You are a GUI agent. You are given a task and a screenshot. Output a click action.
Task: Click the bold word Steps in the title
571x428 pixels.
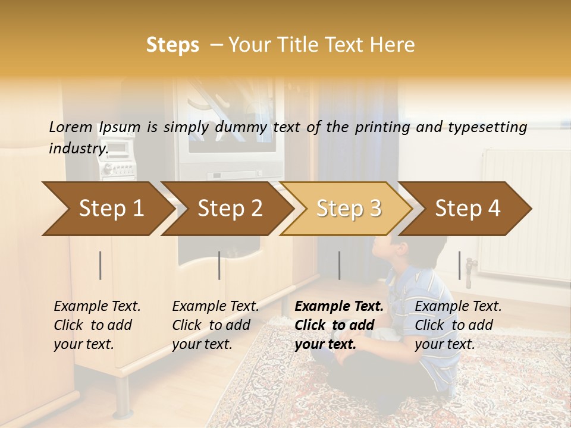click(172, 45)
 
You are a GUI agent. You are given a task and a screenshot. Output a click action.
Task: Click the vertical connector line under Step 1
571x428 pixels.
click(101, 265)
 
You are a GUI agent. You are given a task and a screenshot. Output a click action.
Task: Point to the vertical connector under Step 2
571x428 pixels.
click(219, 265)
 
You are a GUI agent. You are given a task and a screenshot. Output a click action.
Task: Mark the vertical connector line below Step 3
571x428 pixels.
click(339, 265)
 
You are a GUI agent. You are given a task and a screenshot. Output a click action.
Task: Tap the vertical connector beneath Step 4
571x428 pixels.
click(459, 265)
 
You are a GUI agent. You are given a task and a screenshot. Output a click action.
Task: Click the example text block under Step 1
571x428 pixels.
click(97, 325)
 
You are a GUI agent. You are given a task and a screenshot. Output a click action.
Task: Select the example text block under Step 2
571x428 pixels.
click(215, 325)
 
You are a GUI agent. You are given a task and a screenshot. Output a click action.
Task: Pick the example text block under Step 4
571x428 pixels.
click(458, 325)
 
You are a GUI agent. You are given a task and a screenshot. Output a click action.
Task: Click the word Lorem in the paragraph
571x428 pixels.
click(71, 127)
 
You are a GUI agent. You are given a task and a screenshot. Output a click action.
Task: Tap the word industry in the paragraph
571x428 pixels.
click(78, 149)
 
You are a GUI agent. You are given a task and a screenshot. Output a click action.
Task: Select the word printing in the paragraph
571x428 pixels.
click(381, 127)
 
